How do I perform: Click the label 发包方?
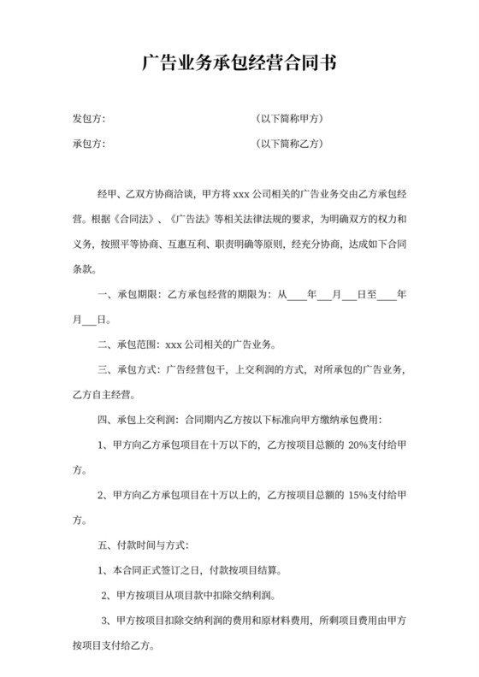(89, 118)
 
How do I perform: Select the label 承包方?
(89, 144)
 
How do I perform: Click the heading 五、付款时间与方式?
(145, 544)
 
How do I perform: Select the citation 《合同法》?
(133, 218)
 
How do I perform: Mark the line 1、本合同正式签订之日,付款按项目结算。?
(191, 568)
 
